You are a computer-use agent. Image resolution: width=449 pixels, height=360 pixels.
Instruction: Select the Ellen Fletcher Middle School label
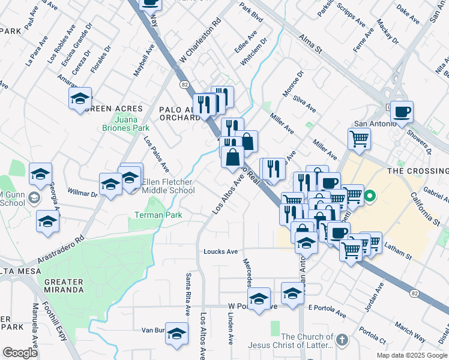pyautogui.click(x=169, y=186)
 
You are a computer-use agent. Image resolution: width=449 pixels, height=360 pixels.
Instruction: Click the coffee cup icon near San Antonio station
pyautogui.click(x=402, y=111)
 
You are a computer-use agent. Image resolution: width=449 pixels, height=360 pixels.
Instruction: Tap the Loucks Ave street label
pyautogui.click(x=220, y=251)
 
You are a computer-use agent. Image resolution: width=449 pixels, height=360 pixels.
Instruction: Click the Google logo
pyautogui.click(x=20, y=353)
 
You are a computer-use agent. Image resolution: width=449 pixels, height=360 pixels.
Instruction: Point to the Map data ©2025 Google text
pyautogui.click(x=411, y=355)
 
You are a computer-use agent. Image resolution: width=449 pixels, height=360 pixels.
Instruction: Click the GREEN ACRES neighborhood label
pyautogui.click(x=113, y=109)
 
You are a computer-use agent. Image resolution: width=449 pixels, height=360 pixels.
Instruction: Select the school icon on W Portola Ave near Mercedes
pyautogui.click(x=259, y=298)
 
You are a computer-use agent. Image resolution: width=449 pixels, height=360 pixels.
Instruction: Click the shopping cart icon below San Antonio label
pyautogui.click(x=359, y=139)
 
